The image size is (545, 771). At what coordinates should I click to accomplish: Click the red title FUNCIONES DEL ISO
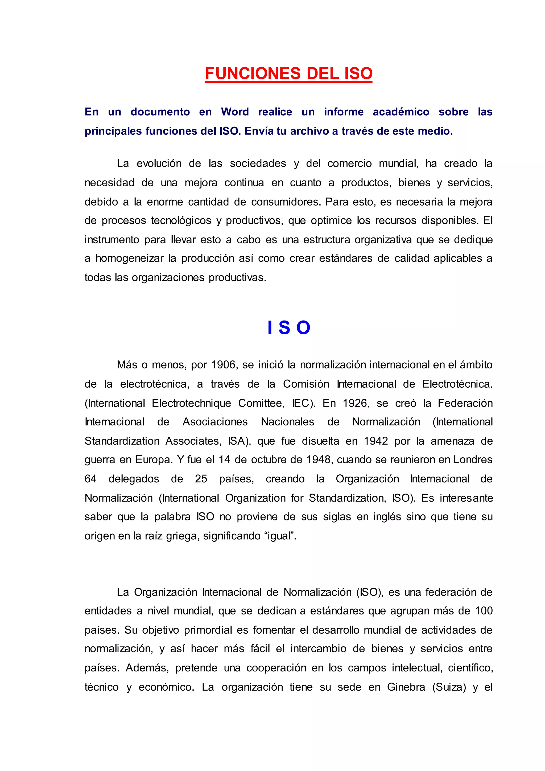click(289, 73)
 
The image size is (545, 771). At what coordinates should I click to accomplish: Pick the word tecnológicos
click(181, 221)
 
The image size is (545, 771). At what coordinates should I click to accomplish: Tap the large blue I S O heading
click(289, 328)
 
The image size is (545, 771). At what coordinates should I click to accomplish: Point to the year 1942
click(376, 441)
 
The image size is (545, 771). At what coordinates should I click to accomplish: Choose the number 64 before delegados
click(90, 479)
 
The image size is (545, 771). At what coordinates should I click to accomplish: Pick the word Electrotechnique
click(191, 403)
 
